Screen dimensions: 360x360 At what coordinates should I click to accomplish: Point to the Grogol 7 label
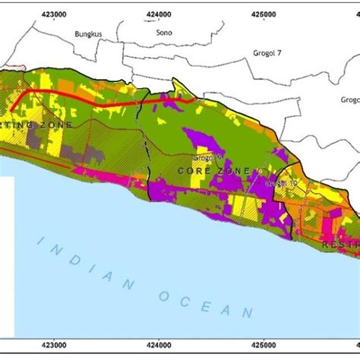[x=267, y=54]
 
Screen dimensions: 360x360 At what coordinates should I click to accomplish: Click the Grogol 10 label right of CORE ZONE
[x=282, y=183]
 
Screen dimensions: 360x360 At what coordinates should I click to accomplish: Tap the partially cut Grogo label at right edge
[x=349, y=99]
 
